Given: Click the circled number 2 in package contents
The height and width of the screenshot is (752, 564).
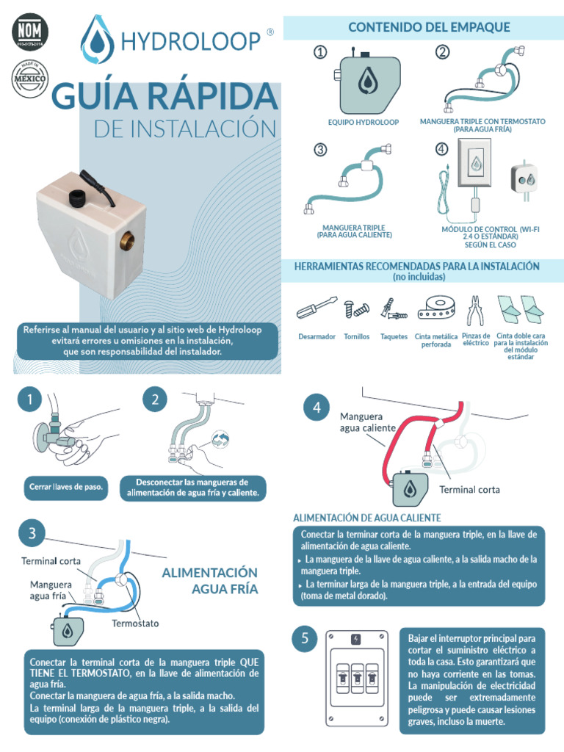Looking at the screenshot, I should [442, 51].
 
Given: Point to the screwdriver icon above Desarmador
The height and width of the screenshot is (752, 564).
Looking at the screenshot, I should [317, 308].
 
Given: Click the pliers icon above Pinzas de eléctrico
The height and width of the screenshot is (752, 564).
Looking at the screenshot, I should [476, 308].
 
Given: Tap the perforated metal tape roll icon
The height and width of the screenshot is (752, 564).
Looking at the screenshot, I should [437, 307].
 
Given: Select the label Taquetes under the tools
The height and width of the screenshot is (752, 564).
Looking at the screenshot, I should [394, 337].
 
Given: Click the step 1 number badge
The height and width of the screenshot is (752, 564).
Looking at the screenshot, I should [29, 400].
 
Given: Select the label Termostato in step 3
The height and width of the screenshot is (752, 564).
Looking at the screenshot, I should [135, 623].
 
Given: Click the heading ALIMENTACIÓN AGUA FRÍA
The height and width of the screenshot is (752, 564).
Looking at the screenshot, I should [209, 580].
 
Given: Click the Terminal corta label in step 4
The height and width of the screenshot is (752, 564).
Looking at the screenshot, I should [469, 489].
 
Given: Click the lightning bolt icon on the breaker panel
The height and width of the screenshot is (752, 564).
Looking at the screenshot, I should [356, 639].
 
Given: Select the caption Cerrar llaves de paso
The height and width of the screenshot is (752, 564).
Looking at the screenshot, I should [65, 487].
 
